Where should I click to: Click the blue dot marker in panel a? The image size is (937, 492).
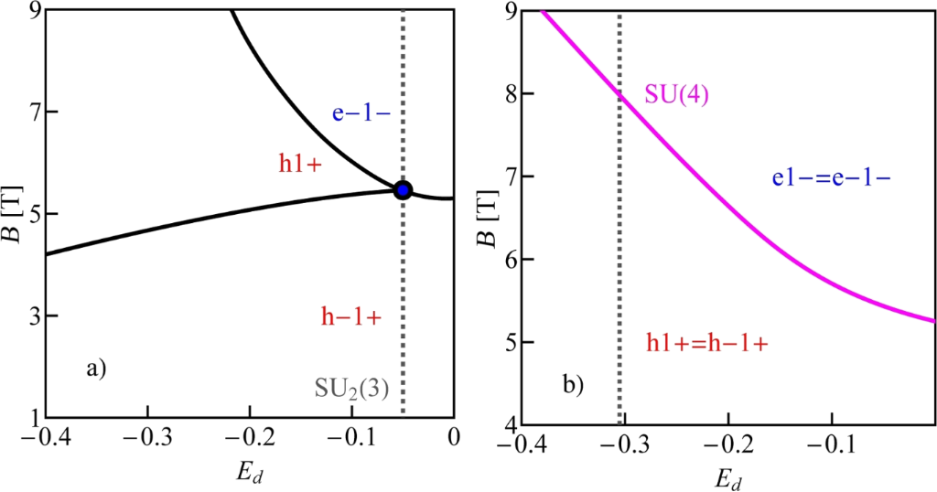click(x=403, y=190)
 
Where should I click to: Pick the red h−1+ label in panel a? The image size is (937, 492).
click(x=351, y=316)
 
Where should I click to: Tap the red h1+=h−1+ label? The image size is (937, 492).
click(x=705, y=343)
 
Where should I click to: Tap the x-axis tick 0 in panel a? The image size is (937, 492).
click(x=454, y=437)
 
